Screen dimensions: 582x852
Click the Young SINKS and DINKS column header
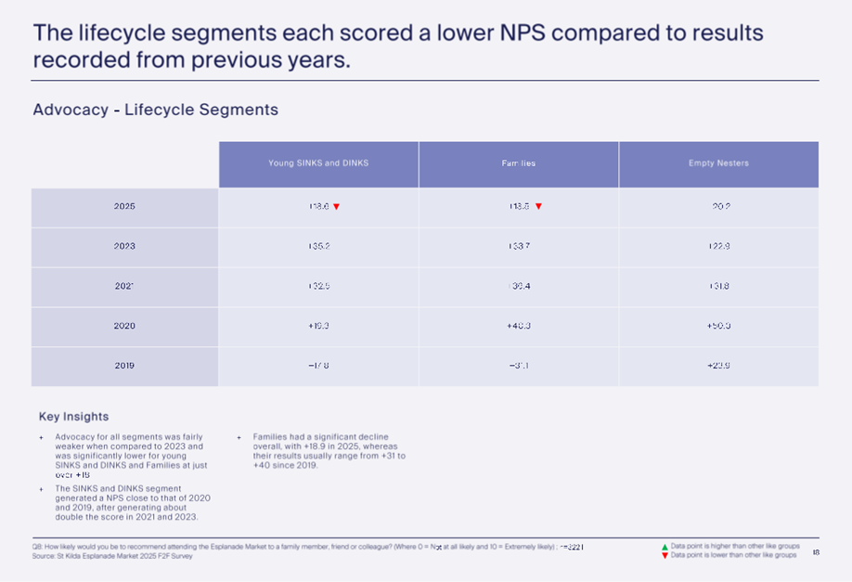[318, 163]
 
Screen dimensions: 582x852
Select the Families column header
[519, 164]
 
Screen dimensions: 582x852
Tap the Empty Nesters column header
[718, 163]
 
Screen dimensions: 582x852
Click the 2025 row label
[124, 206]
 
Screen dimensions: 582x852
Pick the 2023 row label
[124, 246]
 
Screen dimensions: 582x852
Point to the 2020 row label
[124, 326]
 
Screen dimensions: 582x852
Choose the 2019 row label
[124, 366]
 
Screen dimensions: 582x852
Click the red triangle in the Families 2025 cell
[538, 207]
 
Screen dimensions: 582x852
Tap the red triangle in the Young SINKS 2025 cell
[336, 207]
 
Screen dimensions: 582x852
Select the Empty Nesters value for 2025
[718, 206]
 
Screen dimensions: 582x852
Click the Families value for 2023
[519, 246]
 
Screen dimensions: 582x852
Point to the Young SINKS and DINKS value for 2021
[318, 286]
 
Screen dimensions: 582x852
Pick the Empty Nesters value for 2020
[718, 326]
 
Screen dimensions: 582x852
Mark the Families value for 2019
[519, 366]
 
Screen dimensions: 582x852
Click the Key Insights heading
[73, 417]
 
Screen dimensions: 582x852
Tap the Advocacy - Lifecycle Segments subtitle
[155, 110]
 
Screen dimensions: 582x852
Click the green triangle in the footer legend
[665, 547]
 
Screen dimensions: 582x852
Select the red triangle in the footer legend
[665, 555]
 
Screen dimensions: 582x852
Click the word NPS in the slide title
[532, 33]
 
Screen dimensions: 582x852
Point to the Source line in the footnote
[112, 556]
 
